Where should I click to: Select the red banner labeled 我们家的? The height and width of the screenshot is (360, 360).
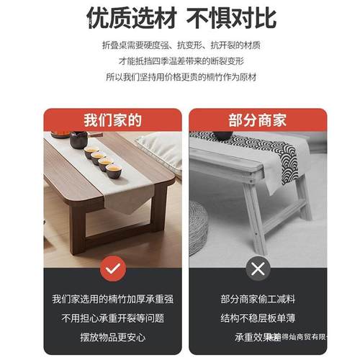pyautogui.click(x=112, y=120)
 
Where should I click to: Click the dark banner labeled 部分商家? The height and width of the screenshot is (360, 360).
pyautogui.click(x=257, y=120)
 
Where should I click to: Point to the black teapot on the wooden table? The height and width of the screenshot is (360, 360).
pyautogui.click(x=78, y=139)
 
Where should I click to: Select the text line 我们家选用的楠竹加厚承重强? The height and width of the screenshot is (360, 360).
pyautogui.click(x=112, y=299)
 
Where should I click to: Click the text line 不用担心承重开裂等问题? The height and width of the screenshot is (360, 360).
pyautogui.click(x=112, y=318)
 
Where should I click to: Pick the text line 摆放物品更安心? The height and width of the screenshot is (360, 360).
pyautogui.click(x=112, y=337)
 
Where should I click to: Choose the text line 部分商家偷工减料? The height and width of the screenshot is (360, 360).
pyautogui.click(x=257, y=299)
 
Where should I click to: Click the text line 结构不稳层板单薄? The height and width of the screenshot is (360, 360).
pyautogui.click(x=257, y=318)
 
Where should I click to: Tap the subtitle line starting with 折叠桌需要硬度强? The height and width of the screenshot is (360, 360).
pyautogui.click(x=180, y=45)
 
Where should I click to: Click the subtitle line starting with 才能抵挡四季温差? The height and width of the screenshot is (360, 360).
pyautogui.click(x=180, y=61)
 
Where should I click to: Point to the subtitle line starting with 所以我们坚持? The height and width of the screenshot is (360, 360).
pyautogui.click(x=180, y=77)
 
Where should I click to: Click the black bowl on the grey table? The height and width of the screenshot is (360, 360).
pyautogui.click(x=222, y=135)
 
